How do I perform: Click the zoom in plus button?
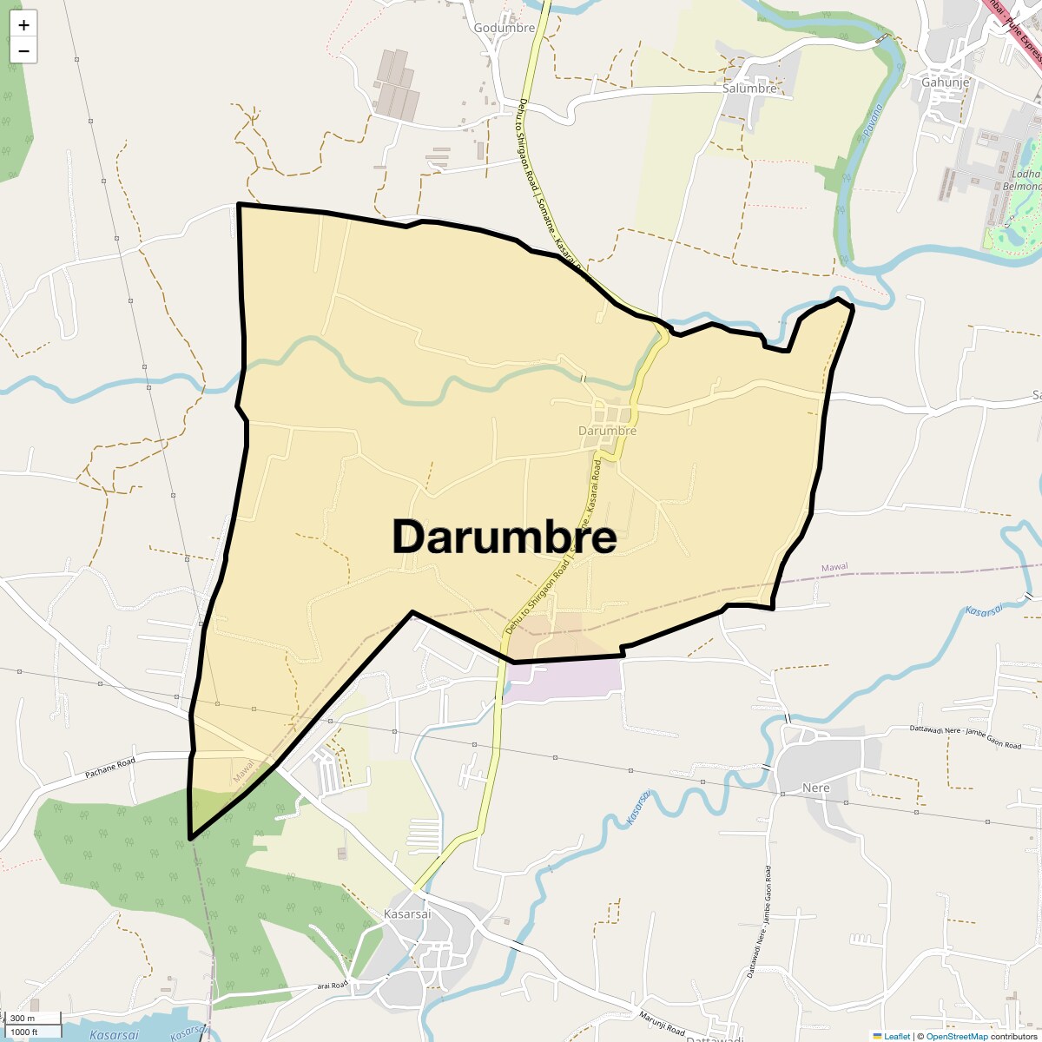23,25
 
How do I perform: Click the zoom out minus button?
23,51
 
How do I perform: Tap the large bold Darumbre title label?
505,537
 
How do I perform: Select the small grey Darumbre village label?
608,431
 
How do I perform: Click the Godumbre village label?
505,28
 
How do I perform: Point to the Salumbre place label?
749,89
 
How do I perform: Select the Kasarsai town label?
407,914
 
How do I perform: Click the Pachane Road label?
110,768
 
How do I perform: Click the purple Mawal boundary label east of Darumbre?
834,567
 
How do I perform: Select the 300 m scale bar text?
23,1018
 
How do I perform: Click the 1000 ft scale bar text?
24,1032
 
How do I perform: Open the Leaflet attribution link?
897,1036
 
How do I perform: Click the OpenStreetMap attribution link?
956,1036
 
